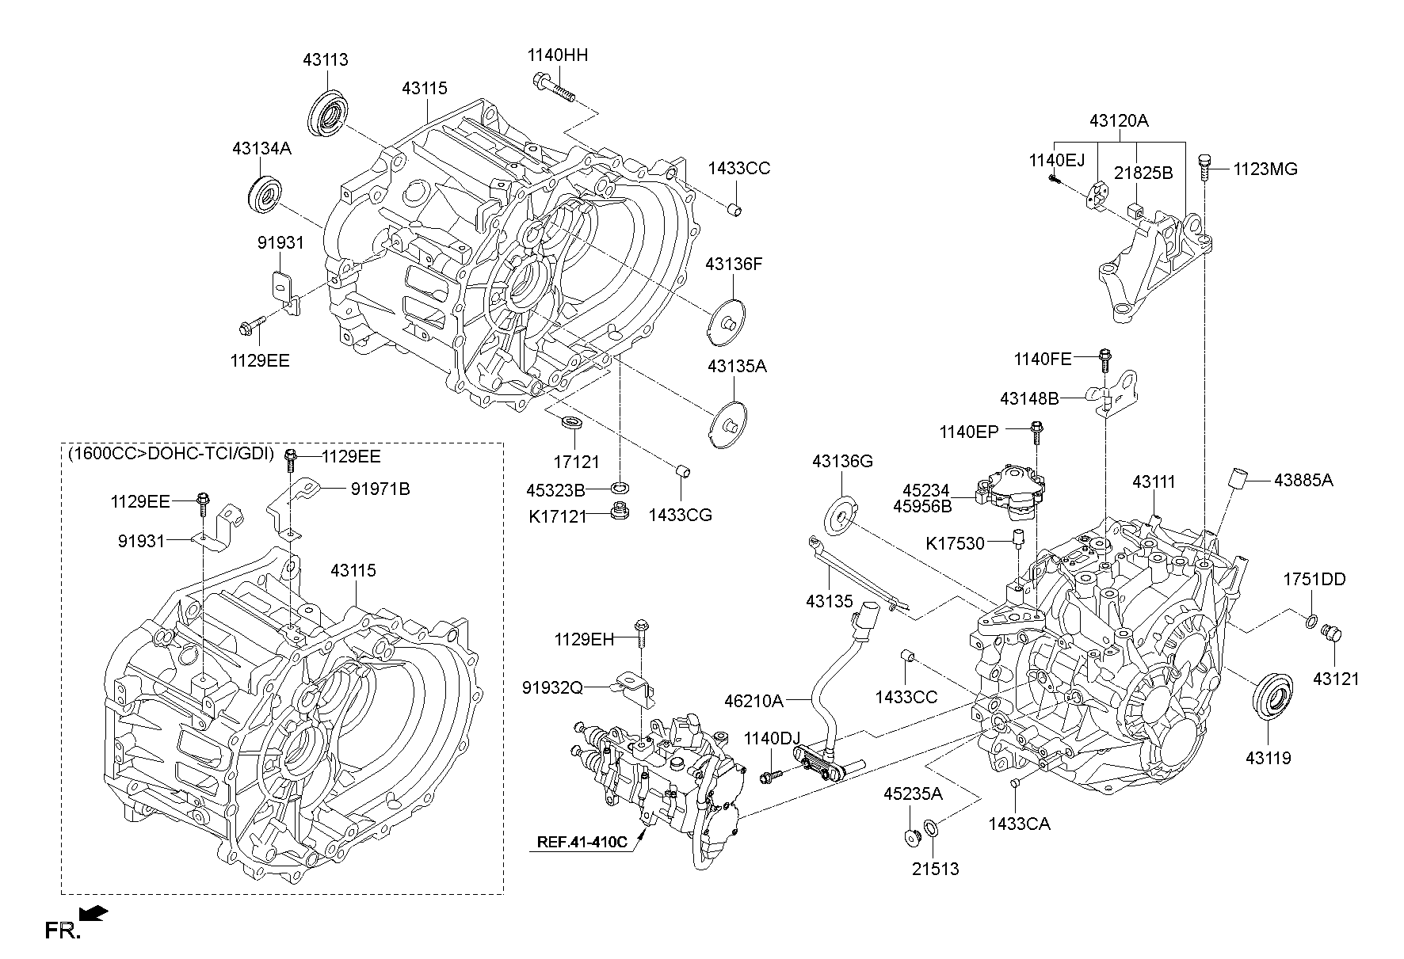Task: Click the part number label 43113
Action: [x=325, y=60]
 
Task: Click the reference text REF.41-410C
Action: [x=582, y=842]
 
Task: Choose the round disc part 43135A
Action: [x=727, y=425]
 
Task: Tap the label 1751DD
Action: [x=1314, y=580]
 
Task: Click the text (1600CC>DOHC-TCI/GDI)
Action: [x=170, y=454]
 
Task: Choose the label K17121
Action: [x=558, y=516]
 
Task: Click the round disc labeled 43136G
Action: [x=841, y=514]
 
